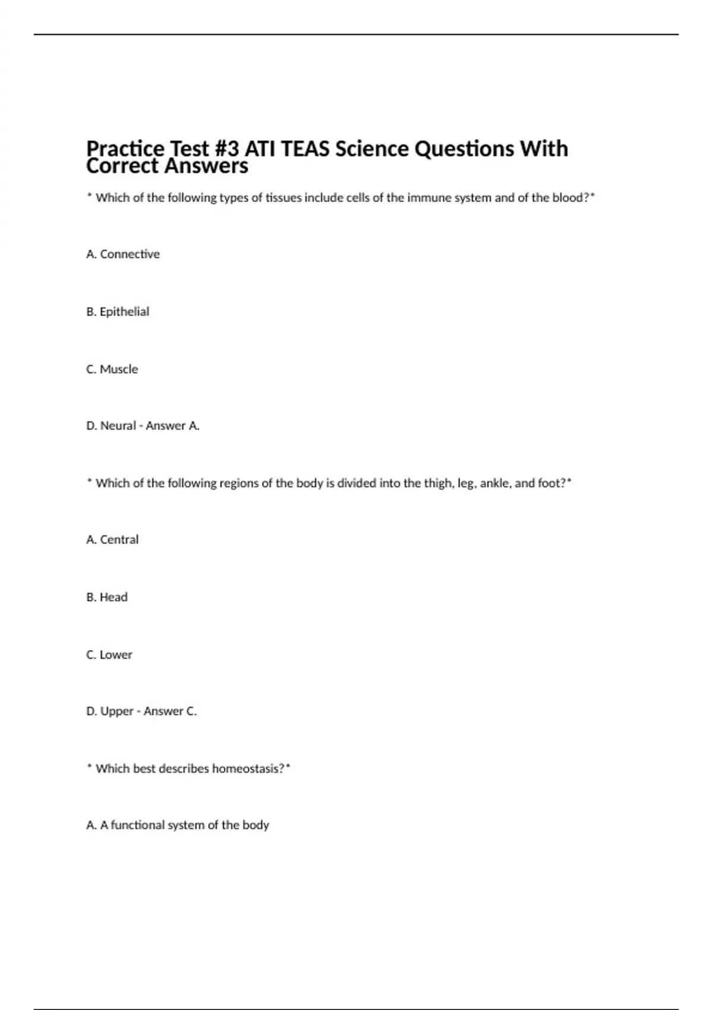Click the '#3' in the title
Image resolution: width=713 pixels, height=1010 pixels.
point(226,149)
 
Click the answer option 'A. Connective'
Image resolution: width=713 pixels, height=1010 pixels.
point(123,254)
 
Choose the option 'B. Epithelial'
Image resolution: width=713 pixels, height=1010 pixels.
point(118,312)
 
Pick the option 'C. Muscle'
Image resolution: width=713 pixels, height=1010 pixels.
point(112,369)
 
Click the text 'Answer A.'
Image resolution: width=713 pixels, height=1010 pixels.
point(173,426)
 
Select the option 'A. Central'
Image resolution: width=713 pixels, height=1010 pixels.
point(112,540)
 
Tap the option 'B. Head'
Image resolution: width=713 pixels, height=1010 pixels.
point(107,597)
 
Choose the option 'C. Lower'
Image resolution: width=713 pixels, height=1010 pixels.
point(109,655)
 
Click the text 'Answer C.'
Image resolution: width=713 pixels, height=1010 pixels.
point(171,711)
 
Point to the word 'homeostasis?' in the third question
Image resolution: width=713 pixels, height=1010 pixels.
point(248,769)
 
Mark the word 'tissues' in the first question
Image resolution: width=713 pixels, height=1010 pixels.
point(283,198)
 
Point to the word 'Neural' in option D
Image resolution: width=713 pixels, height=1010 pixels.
point(118,426)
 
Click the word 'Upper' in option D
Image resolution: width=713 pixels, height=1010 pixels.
point(117,711)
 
